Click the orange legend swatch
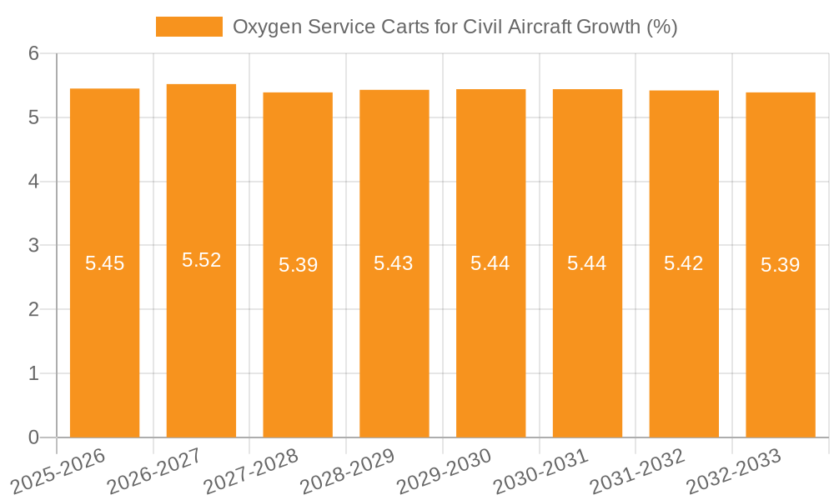(x=189, y=27)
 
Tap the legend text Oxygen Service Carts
(x=455, y=27)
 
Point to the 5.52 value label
(x=201, y=260)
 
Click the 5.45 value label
(x=104, y=263)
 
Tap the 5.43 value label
(x=394, y=263)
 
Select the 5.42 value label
(x=683, y=263)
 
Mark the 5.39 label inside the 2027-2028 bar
(x=298, y=265)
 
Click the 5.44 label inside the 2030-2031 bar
(x=587, y=263)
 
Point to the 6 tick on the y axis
(x=33, y=53)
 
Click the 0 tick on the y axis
(x=33, y=437)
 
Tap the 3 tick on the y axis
(x=33, y=246)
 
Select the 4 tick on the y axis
(x=33, y=182)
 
